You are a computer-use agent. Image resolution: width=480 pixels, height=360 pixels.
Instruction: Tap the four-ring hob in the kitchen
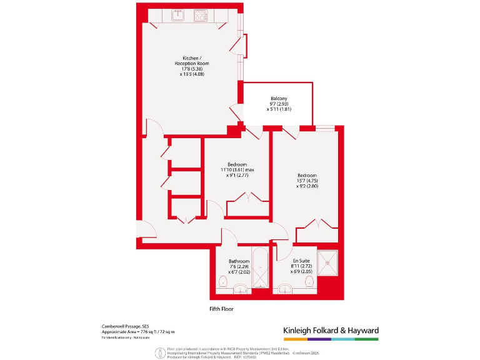click(x=201, y=16)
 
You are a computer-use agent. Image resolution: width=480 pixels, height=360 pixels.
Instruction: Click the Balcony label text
click(x=279, y=99)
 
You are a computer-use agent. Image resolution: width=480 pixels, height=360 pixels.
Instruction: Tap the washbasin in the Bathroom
click(x=240, y=289)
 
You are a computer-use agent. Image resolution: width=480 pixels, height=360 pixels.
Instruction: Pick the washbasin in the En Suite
click(x=286, y=289)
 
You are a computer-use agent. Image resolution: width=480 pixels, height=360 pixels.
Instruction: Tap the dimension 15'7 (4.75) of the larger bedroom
click(x=306, y=181)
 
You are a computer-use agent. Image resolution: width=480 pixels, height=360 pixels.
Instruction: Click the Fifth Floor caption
click(x=222, y=309)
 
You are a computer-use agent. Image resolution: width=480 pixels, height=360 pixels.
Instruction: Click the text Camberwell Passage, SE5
click(x=126, y=326)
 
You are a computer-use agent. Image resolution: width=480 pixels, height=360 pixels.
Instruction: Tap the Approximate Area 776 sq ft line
click(x=138, y=331)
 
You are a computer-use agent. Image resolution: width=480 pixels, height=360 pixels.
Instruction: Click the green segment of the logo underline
click(x=367, y=339)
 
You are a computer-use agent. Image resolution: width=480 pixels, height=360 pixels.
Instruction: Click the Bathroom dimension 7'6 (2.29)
click(x=239, y=266)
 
